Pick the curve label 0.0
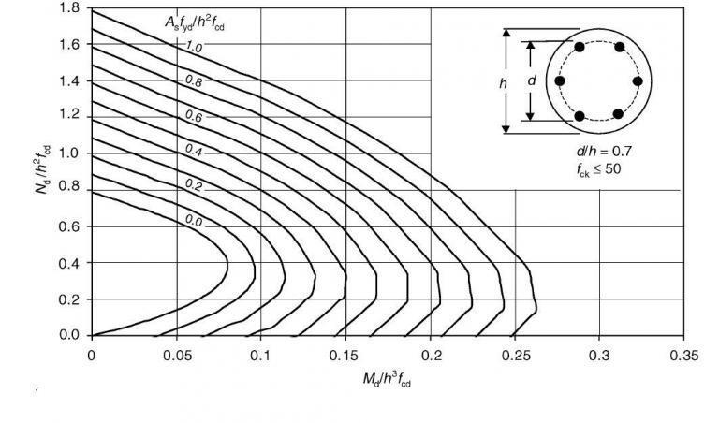tap(193, 220)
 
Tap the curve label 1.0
tap(193, 45)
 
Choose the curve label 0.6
tap(193, 116)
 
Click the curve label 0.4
tap(193, 150)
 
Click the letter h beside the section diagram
tap(502, 81)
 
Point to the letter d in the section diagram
tap(532, 81)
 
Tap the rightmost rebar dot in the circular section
tap(638, 81)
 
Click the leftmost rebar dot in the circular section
tap(560, 81)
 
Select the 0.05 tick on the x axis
tap(176, 356)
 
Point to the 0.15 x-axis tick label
tap(345, 356)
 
